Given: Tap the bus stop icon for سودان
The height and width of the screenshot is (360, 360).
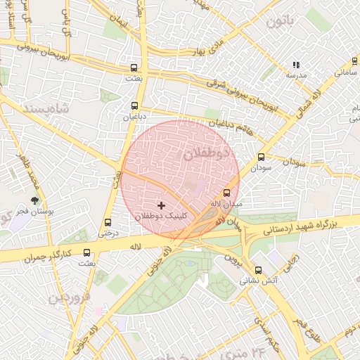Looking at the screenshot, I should click(262, 157).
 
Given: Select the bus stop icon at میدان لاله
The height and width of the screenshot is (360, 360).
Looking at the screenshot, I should click(226, 192).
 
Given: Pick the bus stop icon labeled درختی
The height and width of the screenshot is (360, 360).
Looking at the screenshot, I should click(108, 221).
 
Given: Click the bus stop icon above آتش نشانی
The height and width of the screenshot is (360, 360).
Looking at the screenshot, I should click(258, 269).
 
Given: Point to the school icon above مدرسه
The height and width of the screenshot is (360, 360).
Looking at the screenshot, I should click(295, 65).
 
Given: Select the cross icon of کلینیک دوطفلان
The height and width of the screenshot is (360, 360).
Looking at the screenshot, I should click(162, 205).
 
